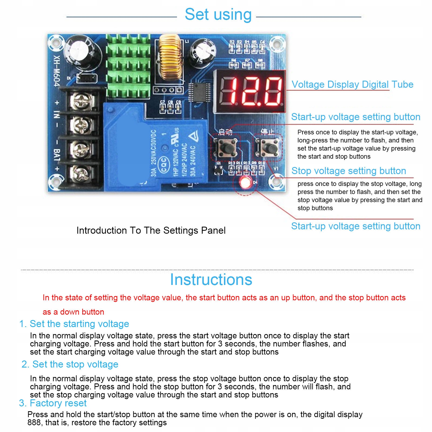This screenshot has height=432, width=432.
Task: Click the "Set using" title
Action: click(218, 14)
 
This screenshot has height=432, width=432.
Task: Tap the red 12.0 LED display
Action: click(250, 91)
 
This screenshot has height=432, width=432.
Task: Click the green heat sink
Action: click(128, 66)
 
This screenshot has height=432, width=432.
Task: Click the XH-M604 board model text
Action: click(57, 71)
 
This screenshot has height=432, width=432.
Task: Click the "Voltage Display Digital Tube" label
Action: click(352, 84)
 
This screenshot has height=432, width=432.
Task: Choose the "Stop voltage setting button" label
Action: click(349, 171)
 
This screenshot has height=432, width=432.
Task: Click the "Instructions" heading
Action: click(211, 280)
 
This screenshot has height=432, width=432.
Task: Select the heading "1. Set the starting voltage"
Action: click(74, 324)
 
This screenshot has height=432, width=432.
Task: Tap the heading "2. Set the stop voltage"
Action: click(70, 364)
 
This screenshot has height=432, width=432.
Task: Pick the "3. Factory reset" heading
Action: click(53, 403)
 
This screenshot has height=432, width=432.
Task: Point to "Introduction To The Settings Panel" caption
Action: click(151, 230)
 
